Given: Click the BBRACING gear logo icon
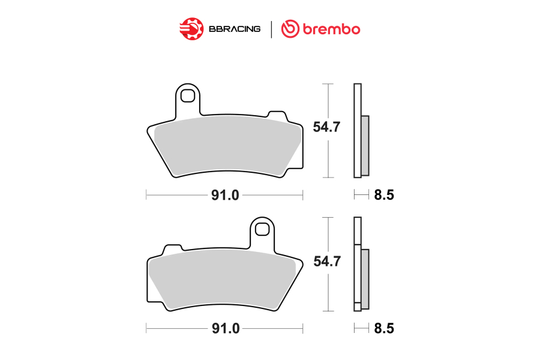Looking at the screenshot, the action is pos(191,29).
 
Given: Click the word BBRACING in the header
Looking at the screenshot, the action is pos(235,29).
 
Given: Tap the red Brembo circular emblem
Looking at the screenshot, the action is pos(290,29).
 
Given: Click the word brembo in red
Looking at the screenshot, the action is pos(331,29).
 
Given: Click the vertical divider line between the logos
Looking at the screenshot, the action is pos(271,29).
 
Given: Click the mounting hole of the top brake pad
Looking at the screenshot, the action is pos(188,95).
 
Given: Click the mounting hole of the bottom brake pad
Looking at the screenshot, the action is pos(262,229).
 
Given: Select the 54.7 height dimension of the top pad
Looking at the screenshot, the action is pos(326,127).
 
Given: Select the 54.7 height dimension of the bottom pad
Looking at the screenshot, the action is pos(327,261).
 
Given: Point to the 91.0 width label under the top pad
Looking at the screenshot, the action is pos(225,195).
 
